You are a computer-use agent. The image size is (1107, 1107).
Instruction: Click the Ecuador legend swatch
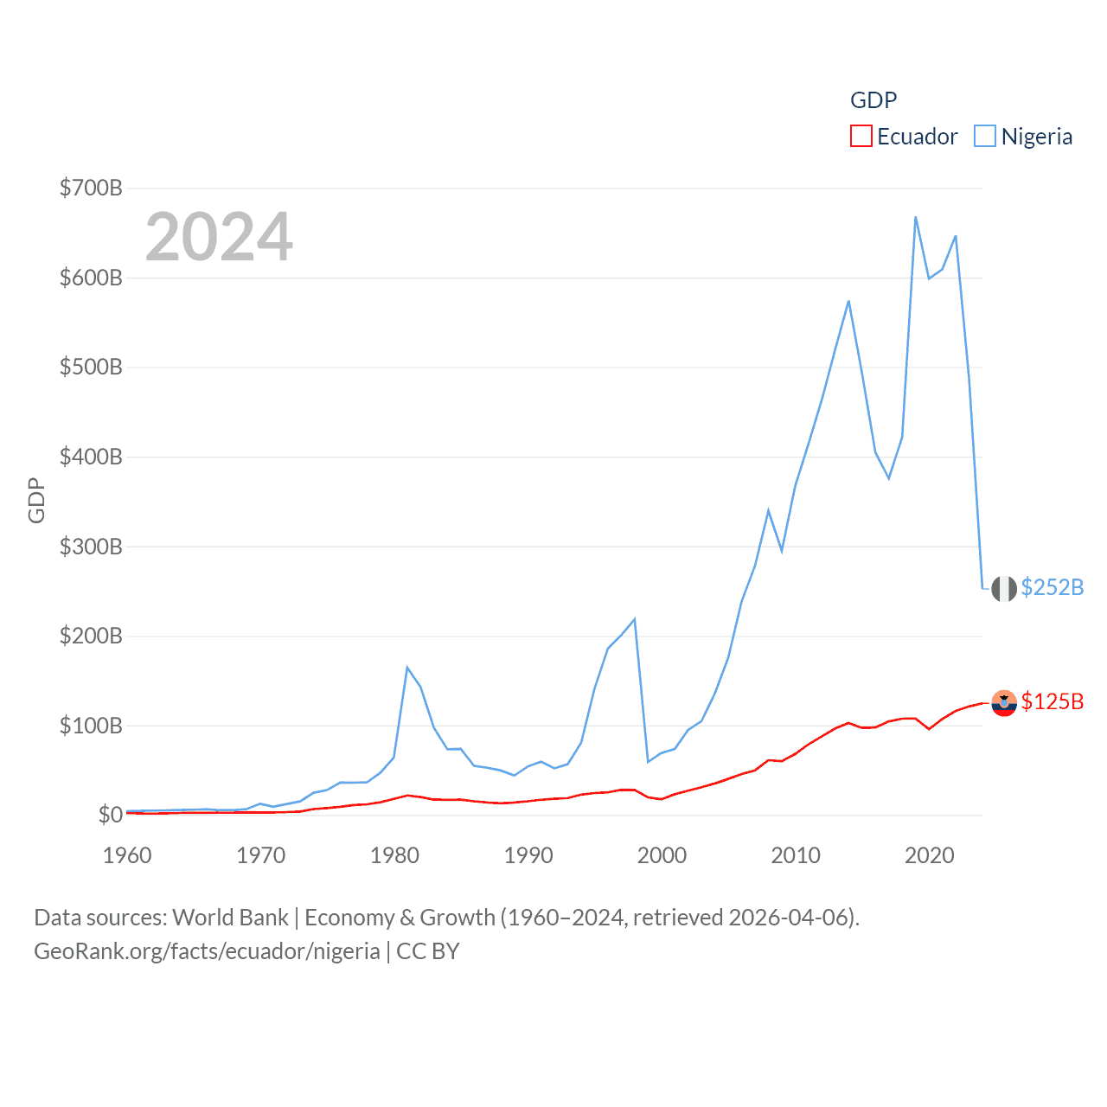861,137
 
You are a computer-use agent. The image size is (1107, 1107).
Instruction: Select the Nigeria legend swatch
984,137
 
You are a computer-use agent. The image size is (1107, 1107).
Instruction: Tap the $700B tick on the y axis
91,188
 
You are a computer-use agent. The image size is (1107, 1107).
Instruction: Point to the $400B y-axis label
91,457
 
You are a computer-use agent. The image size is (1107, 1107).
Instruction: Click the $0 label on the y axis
110,815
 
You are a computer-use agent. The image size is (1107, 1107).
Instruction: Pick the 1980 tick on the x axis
394,855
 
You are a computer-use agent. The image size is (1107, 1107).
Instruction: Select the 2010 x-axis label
796,855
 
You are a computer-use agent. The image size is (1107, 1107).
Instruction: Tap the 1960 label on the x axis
127,855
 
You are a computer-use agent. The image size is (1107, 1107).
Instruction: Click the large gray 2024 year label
219,237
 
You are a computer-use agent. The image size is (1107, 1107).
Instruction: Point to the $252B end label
1052,587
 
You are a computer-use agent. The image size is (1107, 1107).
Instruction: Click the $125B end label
1052,701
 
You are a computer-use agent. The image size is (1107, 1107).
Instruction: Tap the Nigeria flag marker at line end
1003,588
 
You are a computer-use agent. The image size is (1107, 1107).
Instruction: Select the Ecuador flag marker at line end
1003,703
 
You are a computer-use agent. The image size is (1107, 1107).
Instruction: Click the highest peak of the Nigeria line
915,217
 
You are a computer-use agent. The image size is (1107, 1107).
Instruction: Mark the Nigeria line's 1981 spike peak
407,667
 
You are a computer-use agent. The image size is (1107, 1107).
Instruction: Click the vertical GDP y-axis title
36,500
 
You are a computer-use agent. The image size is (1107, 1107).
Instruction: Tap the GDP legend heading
873,100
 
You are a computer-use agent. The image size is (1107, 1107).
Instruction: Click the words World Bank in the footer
230,917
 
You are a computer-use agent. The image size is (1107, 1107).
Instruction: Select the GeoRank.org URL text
207,951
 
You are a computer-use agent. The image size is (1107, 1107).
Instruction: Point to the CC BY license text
427,951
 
